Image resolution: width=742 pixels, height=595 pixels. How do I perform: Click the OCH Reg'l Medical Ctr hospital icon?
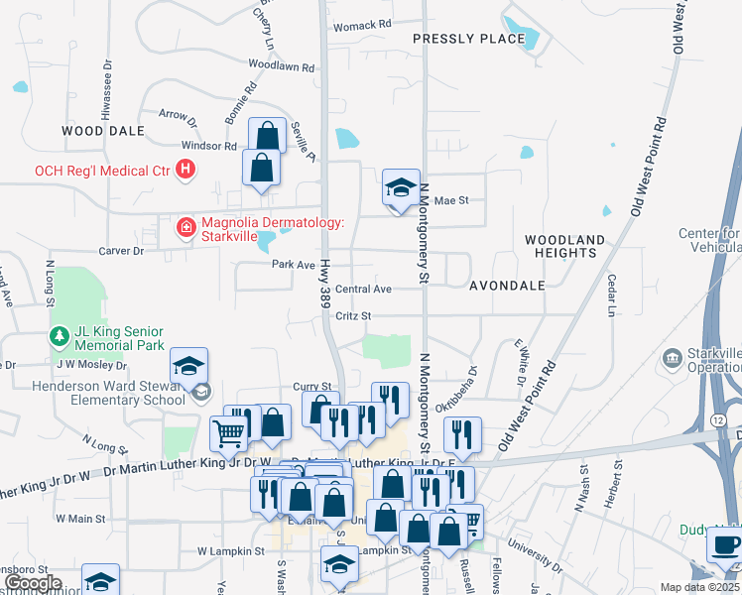(185, 171)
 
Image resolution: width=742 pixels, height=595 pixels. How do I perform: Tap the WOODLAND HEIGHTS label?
(564, 247)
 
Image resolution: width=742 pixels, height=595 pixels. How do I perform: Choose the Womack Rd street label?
(362, 24)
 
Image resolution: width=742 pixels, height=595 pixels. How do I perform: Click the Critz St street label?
(352, 315)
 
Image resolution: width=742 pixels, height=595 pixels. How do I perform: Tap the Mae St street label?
(450, 200)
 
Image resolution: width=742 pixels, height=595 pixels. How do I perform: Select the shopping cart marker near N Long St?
(228, 432)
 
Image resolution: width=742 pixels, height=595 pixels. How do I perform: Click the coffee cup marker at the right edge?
(726, 545)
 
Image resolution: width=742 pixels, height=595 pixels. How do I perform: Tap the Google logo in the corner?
(32, 583)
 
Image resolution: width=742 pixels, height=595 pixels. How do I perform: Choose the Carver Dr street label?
(124, 252)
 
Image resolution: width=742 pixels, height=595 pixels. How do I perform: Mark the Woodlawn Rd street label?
(282, 65)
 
